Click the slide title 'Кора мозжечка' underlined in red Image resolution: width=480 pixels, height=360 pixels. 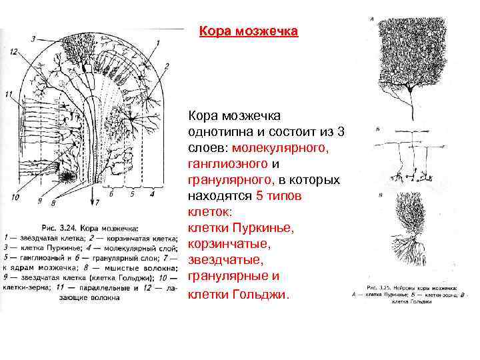coord(249,31)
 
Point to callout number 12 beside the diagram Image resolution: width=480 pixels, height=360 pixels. coord(14,51)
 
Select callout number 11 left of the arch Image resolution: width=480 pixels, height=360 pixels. coord(7,93)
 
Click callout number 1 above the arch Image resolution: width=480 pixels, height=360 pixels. coord(158,43)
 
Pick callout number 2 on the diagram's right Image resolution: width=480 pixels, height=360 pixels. coord(167,65)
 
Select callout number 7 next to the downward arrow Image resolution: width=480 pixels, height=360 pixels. coord(98,201)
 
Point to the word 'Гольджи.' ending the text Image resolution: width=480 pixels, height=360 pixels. coord(263,293)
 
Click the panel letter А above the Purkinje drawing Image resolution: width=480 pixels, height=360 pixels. coord(372,20)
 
